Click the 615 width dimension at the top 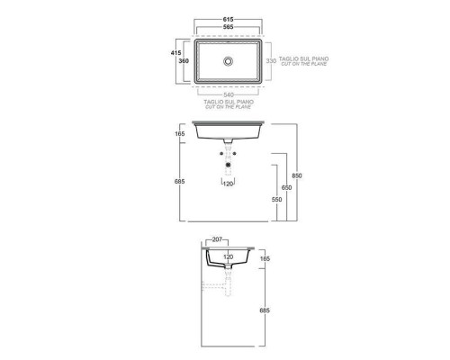point(228,20)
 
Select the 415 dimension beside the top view point(175,53)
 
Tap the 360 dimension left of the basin point(184,61)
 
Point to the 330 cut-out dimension point(271,61)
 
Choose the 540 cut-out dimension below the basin point(229,95)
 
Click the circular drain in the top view point(229,61)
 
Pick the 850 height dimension point(297,175)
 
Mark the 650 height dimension point(286,188)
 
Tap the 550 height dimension point(276,200)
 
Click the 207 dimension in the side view point(217,239)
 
